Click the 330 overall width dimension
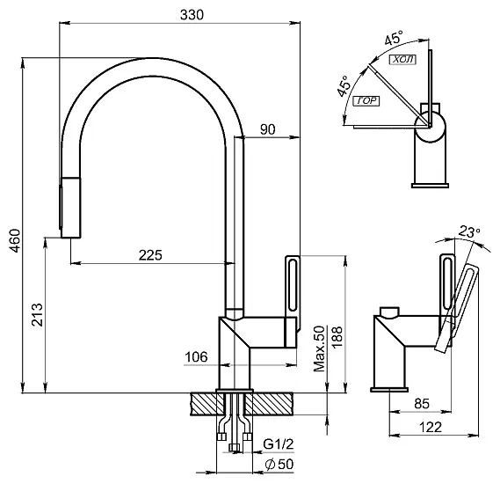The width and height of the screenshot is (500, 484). coord(192,15)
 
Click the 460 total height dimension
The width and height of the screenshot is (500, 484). coord(15,240)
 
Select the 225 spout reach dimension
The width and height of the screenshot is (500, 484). coord(150,255)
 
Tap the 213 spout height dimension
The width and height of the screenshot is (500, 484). coord(37,314)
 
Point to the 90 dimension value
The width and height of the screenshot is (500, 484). coord(267,129)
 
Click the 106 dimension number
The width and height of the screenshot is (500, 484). coord(196,356)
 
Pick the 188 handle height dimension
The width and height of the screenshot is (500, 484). coord(337,337)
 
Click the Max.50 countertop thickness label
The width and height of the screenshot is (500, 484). coord(319,348)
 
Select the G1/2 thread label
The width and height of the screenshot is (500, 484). coord(278,444)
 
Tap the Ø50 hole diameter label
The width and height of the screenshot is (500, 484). coord(279,464)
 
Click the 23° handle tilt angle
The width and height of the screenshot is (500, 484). coord(469,231)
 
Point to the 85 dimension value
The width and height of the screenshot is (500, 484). coord(422,404)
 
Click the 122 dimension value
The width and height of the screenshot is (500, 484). coord(431,427)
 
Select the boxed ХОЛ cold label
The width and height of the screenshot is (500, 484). coord(403,59)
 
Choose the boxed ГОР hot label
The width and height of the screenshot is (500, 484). coord(366,101)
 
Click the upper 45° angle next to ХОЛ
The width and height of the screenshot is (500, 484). coord(395,37)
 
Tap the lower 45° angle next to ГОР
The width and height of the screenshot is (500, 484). coord(344,86)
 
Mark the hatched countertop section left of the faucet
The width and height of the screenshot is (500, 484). coord(207,404)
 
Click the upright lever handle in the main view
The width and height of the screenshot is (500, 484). coord(293,293)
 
